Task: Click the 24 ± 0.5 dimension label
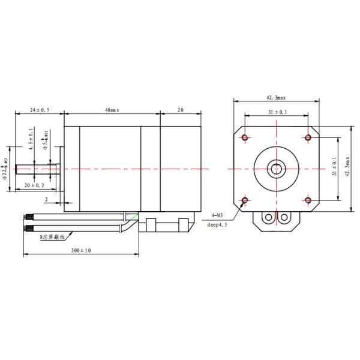tap(40, 110)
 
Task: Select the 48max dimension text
tap(112, 110)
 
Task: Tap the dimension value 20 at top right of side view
tap(179, 110)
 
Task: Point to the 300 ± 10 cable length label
tap(81, 250)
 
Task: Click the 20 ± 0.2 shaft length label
tap(37, 185)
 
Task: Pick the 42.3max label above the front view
tap(276, 97)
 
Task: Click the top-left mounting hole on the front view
tap(245, 138)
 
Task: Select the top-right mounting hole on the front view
tap(308, 138)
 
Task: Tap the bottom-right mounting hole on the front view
tap(308, 200)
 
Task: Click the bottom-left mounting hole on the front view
tap(245, 200)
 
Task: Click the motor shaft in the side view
tap(36, 169)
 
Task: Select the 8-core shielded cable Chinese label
tap(52, 238)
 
